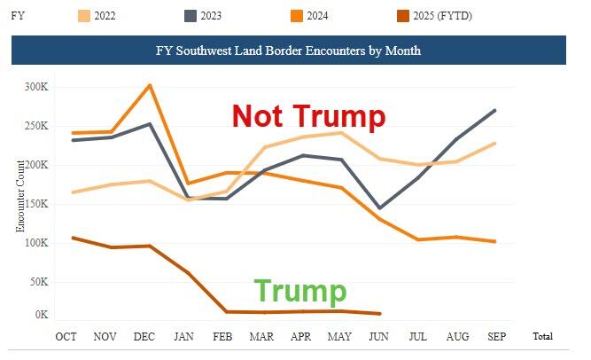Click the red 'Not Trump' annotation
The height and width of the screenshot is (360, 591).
coord(308,116)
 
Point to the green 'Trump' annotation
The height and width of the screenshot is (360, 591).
coord(300,291)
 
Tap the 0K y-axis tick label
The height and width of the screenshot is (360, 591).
coord(42,315)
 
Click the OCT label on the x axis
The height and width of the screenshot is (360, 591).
coord(66,337)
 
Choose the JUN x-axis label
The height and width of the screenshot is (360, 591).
coord(379,337)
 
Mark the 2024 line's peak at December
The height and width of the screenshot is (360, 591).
coord(150,85)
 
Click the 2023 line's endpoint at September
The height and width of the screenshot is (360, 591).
coord(494,110)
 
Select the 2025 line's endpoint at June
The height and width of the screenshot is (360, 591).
coord(379,314)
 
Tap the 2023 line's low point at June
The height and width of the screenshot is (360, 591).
coord(379,208)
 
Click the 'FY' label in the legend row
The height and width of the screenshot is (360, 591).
coord(17,15)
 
